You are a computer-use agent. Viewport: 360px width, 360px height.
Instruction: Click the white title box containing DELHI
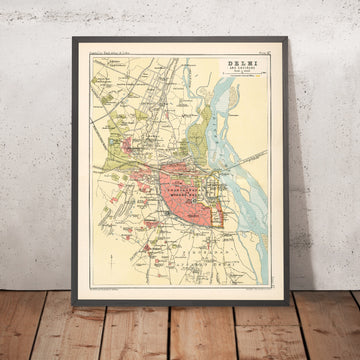coord(243,71)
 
